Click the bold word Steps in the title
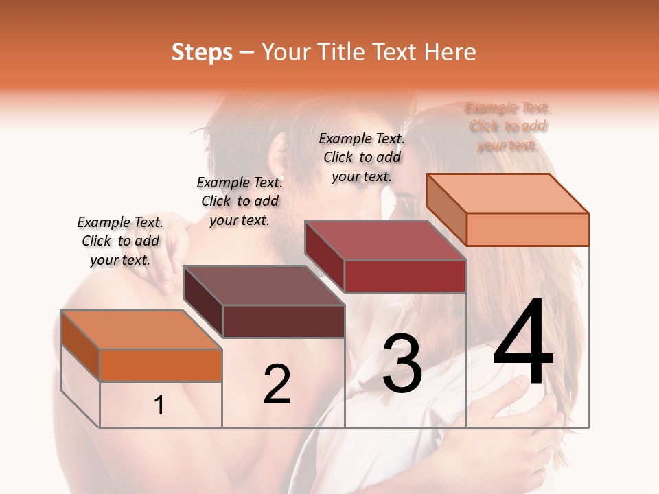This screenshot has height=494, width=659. coord(202,52)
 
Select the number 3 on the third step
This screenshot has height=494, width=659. coord(402,364)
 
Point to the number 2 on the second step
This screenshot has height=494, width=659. coord(277,384)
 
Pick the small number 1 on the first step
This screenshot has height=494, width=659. coord(159,405)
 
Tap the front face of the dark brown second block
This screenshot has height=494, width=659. coord(284,321)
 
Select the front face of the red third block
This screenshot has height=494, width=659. coord(405,276)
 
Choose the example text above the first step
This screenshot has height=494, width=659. coord(120,241)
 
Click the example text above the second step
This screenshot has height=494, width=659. coord(240,201)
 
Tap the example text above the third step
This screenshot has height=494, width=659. coord(362,157)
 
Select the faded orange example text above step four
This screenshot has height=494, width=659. coord(507,126)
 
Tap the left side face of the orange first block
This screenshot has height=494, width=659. coord(80,346)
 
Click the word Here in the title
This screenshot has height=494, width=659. coord(450,52)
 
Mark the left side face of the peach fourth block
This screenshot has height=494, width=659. coord(446,209)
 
